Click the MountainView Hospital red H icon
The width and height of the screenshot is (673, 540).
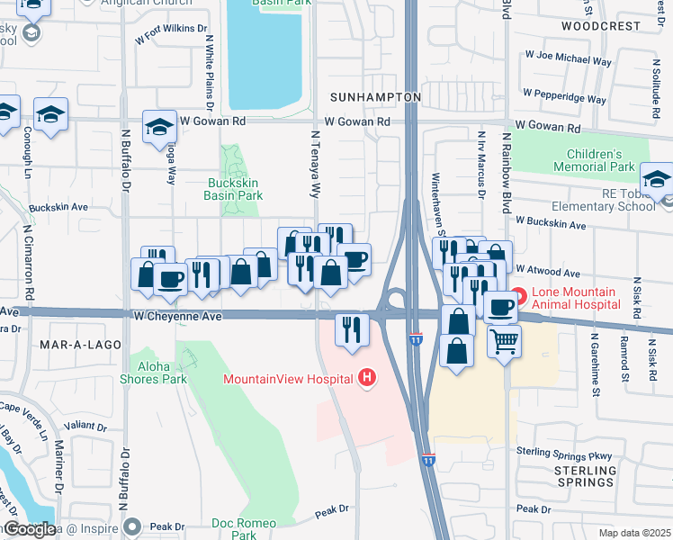pos(366,378)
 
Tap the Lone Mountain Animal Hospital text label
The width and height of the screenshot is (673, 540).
pos(587,299)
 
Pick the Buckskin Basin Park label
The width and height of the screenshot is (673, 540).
pos(229,189)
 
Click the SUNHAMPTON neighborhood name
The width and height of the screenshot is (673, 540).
pos(375,96)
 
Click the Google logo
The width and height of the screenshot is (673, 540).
pos(29,528)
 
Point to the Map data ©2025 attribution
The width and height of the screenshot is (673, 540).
pos(633,533)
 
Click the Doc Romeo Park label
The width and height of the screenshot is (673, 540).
pos(243,528)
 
